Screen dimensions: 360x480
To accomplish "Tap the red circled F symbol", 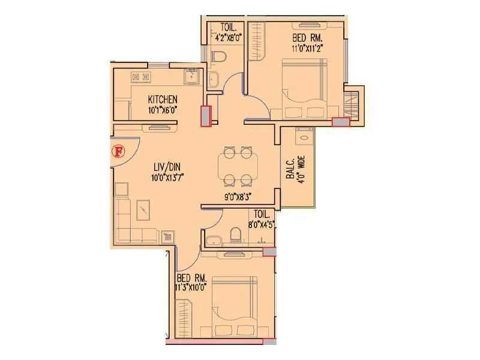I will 118,151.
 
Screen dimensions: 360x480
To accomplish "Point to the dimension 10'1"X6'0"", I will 163,110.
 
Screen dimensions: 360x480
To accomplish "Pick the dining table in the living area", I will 238,166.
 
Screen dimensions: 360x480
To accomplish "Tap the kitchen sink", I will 191,77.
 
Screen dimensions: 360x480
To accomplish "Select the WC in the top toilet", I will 219,58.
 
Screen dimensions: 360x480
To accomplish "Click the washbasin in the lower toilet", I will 213,241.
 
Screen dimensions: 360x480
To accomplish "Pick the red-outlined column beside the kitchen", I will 206,116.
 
